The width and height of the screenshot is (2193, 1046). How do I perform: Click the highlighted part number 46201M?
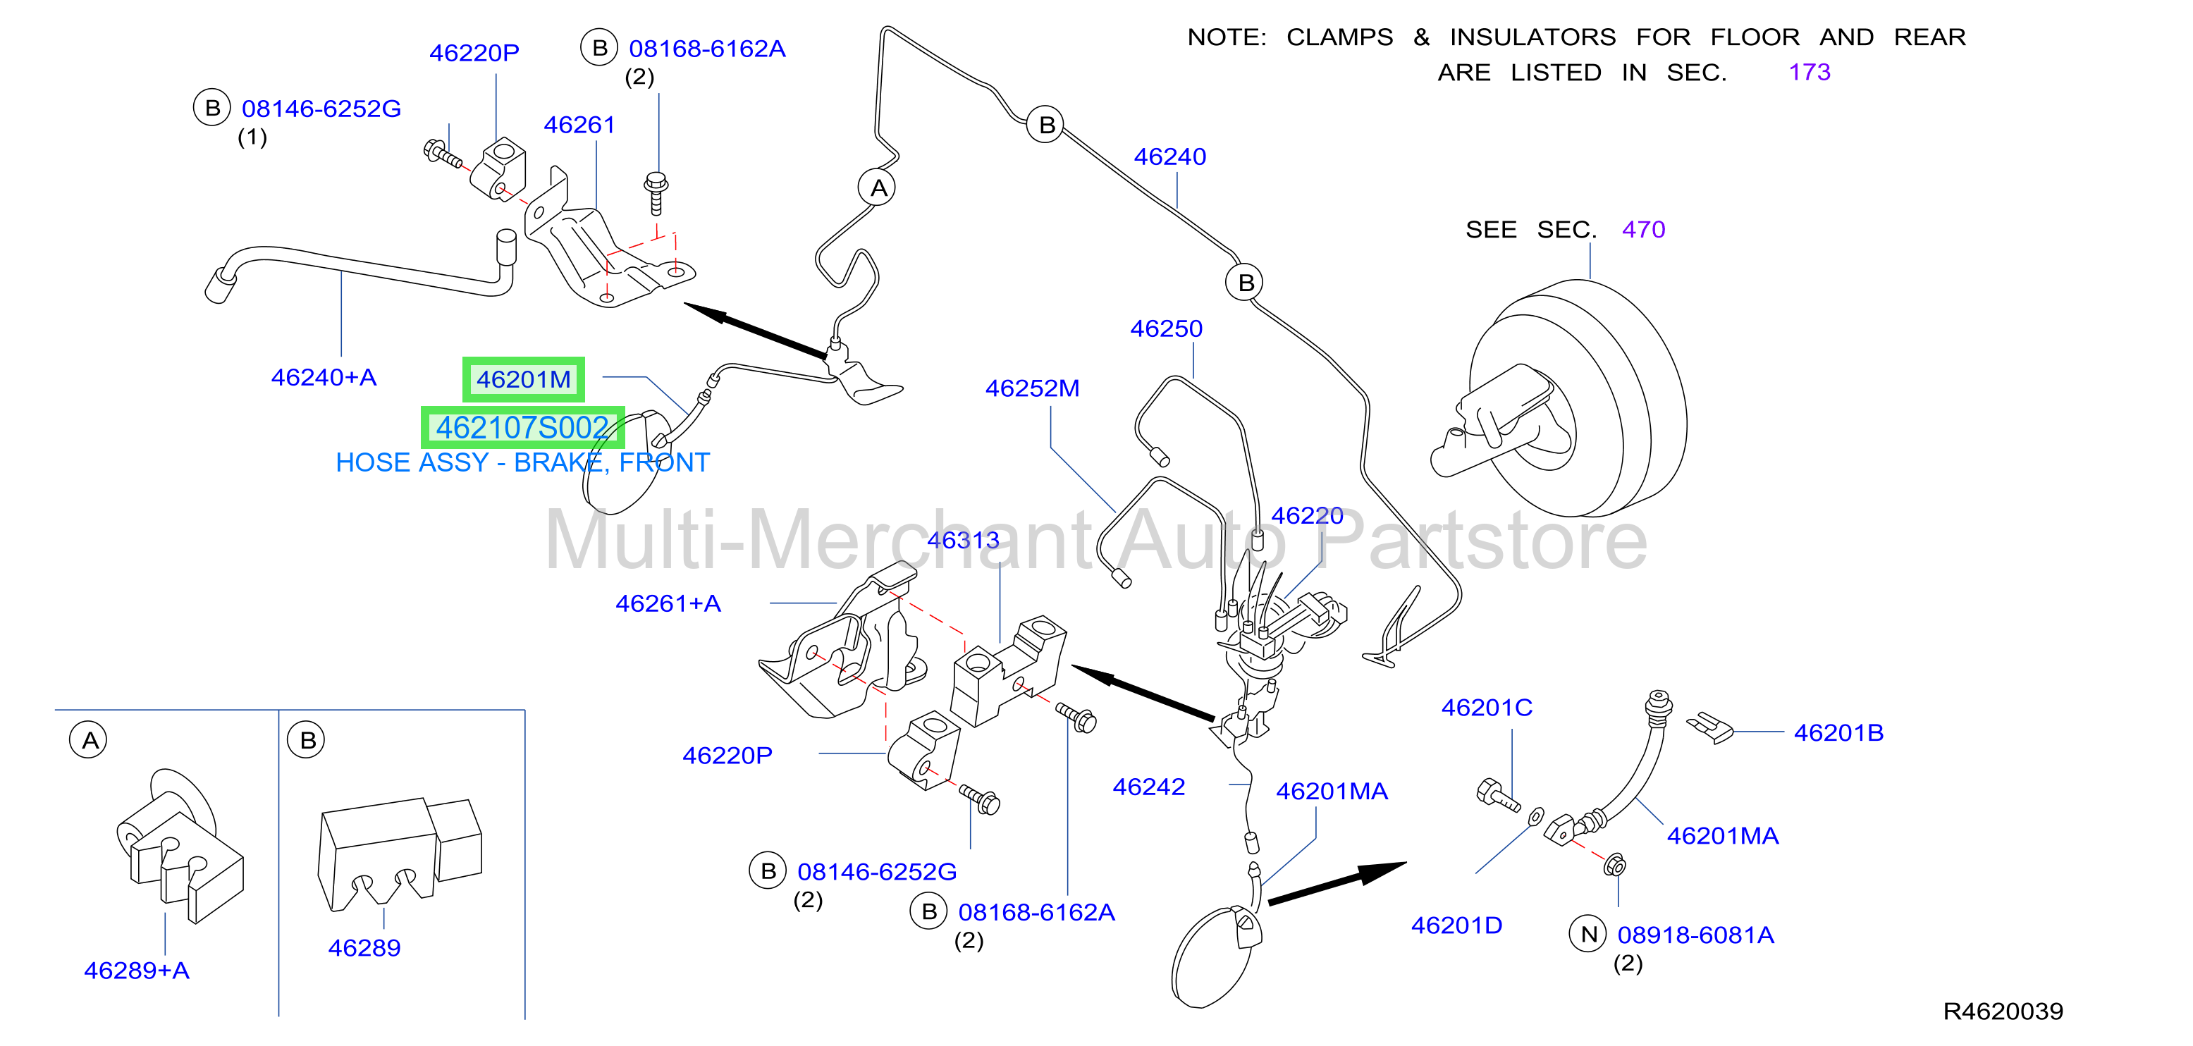pyautogui.click(x=524, y=380)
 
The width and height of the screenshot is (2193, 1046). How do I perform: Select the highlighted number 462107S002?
pyautogui.click(x=523, y=427)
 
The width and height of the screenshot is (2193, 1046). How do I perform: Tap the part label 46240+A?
pyautogui.click(x=324, y=377)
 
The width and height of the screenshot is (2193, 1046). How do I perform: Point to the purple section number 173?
pyautogui.click(x=1809, y=73)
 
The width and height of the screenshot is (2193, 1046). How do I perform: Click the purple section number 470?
pyautogui.click(x=1643, y=230)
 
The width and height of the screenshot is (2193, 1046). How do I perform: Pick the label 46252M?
pyautogui.click(x=1032, y=388)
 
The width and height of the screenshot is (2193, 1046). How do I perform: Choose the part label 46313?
pyautogui.click(x=963, y=541)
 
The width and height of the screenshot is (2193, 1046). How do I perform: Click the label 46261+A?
pyautogui.click(x=668, y=603)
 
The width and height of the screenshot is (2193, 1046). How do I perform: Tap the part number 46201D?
pyautogui.click(x=1456, y=925)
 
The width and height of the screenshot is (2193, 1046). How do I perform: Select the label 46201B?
pyautogui.click(x=1839, y=733)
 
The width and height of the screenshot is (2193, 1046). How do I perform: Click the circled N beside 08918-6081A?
pyautogui.click(x=1587, y=935)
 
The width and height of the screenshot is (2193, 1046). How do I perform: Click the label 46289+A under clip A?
pyautogui.click(x=136, y=971)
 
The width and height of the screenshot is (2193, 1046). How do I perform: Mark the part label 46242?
pyautogui.click(x=1148, y=787)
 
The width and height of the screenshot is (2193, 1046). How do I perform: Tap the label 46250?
pyautogui.click(x=1167, y=328)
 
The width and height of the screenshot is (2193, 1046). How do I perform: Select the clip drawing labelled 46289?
pyautogui.click(x=399, y=856)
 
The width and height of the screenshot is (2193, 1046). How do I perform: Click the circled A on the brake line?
pyautogui.click(x=878, y=187)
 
